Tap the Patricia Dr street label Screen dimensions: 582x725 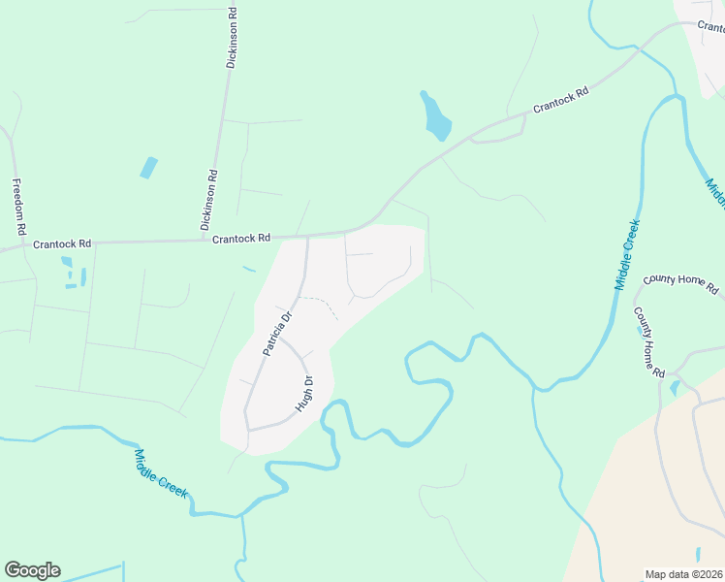click(276, 333)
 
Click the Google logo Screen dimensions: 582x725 click(32, 570)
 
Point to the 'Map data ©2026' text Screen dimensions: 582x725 click(683, 574)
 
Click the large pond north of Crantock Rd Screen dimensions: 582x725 click(435, 116)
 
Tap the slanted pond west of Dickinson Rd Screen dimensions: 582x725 click(148, 168)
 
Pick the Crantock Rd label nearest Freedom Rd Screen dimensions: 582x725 click(61, 244)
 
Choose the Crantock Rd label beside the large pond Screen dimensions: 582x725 click(560, 100)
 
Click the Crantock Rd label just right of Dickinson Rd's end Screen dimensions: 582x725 click(240, 238)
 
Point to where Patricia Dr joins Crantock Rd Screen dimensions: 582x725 click(307, 236)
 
